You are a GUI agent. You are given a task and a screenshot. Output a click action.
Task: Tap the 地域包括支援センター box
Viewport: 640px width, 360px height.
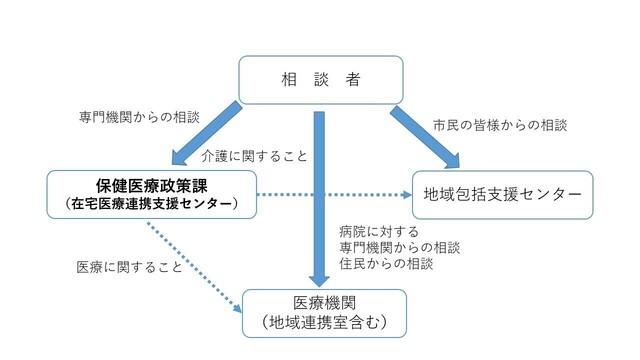point(503,191)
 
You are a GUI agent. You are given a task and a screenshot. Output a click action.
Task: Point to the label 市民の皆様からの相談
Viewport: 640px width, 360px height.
point(499,126)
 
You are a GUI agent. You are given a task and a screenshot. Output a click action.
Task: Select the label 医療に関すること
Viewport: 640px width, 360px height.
point(129,267)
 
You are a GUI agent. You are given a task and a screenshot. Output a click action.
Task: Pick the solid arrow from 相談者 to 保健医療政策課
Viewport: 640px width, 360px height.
point(206,132)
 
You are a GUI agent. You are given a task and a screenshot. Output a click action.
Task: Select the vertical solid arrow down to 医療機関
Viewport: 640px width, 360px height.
point(320,200)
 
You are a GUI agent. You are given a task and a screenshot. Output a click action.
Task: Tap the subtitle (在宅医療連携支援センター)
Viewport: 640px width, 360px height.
point(149,204)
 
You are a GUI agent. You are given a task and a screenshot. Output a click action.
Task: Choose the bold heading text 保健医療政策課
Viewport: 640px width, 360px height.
point(149,184)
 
